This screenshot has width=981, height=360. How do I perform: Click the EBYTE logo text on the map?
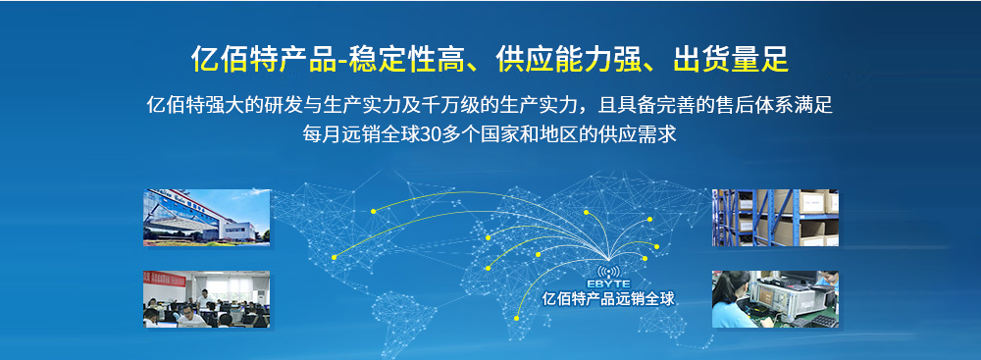point(609,283)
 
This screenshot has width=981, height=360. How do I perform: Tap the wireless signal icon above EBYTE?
point(609,269)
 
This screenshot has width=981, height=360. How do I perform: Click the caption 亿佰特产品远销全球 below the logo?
point(609,299)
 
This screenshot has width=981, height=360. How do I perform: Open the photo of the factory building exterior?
point(206,218)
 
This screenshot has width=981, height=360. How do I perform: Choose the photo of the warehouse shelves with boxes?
point(775,218)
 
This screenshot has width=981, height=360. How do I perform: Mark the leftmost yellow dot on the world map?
point(335,257)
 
